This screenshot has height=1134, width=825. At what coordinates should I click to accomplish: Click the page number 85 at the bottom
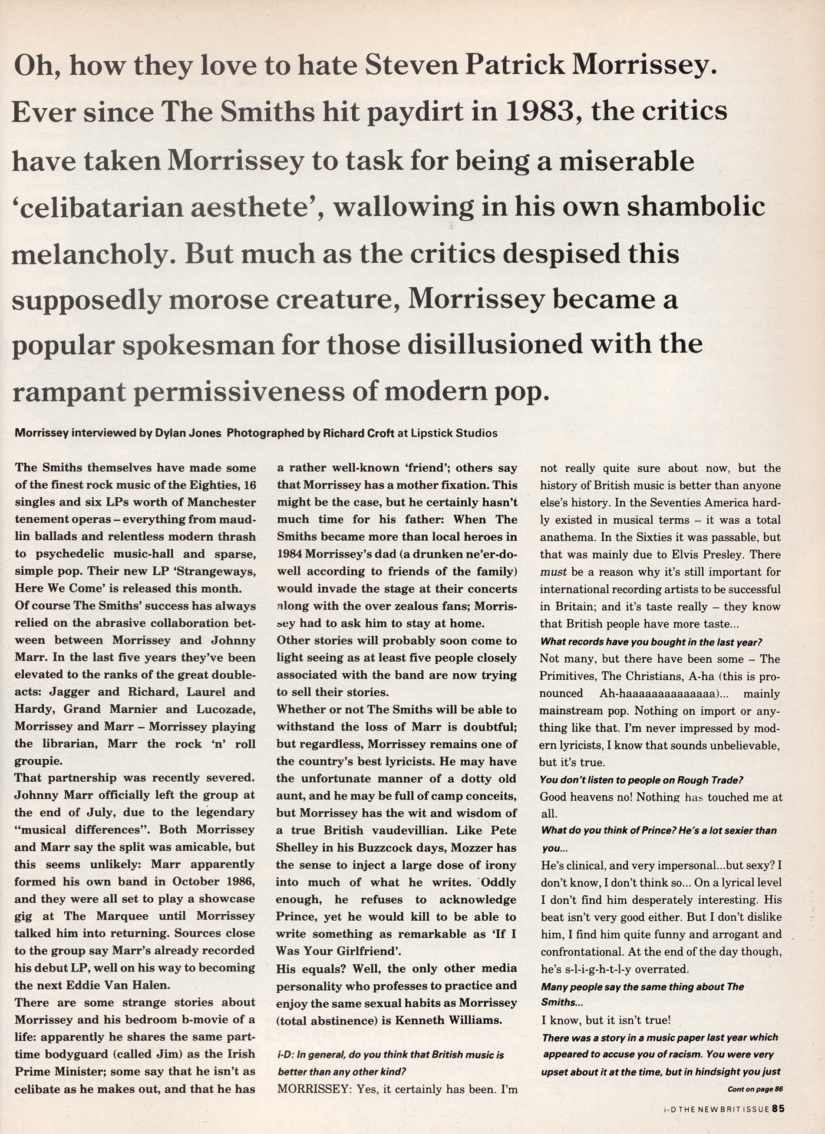click(778, 1109)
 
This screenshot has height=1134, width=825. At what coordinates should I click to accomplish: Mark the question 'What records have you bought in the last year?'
click(651, 642)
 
